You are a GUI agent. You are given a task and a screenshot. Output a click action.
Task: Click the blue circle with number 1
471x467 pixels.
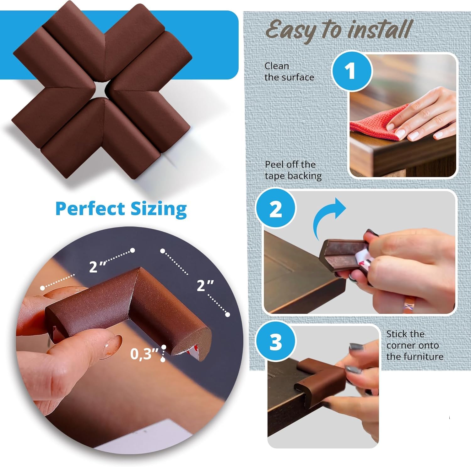click(352, 71)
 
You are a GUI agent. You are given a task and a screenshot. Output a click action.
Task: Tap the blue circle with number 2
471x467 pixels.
click(276, 208)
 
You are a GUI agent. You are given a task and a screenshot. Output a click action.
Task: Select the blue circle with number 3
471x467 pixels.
click(276, 342)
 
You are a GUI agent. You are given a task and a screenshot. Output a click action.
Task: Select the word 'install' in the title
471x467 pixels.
click(380, 30)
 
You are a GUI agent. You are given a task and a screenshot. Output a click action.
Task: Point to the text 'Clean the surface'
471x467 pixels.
click(289, 72)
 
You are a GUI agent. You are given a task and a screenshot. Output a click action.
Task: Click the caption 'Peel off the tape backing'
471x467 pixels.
click(293, 170)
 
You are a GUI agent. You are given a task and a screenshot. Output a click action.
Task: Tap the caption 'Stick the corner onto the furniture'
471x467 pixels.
click(414, 345)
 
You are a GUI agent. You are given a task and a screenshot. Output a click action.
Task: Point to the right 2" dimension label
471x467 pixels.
click(205, 286)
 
